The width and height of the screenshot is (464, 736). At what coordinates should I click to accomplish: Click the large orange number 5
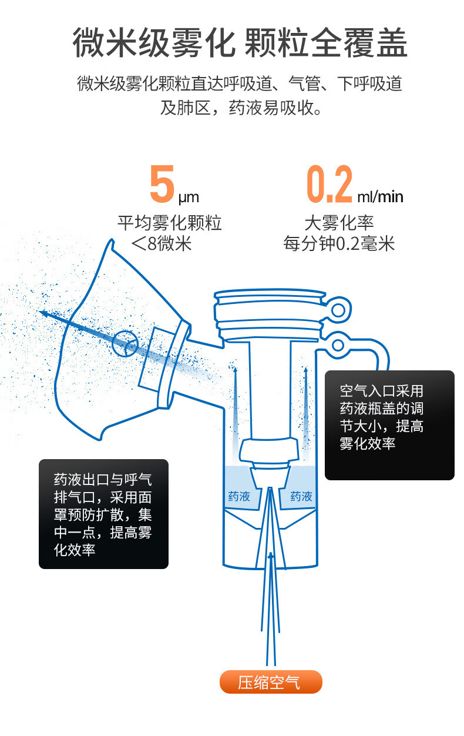(x=162, y=185)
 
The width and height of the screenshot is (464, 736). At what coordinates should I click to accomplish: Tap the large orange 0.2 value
(x=329, y=185)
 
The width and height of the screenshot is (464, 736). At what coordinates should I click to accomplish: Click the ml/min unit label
(x=380, y=196)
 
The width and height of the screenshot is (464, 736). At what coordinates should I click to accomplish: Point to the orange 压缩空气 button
(x=271, y=683)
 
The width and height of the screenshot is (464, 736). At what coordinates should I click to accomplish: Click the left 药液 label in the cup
(x=238, y=497)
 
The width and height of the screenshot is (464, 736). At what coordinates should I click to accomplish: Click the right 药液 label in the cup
(x=301, y=497)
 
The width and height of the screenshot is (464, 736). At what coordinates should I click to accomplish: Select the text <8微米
(x=162, y=243)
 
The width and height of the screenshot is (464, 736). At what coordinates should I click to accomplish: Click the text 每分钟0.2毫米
(x=339, y=243)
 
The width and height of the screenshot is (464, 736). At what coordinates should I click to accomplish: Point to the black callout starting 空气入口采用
(x=389, y=424)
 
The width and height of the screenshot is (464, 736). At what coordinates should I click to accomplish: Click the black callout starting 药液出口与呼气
(x=103, y=514)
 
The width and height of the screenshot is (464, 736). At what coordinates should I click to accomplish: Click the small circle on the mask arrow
(x=125, y=344)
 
